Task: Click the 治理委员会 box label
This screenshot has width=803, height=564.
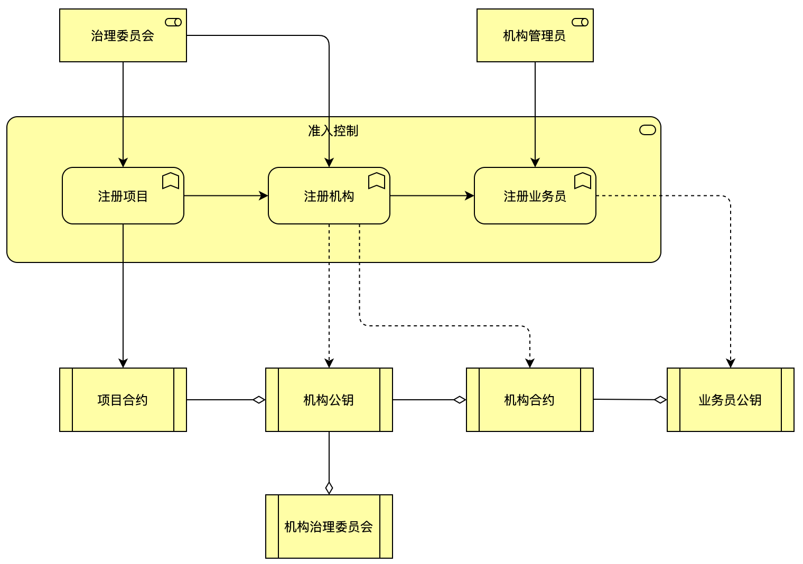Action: tap(123, 36)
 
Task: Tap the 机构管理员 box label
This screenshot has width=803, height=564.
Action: tap(534, 36)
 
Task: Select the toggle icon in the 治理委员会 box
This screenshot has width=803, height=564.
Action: tap(173, 22)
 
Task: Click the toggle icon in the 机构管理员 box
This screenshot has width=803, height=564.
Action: tap(580, 22)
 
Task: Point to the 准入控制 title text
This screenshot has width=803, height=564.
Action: tap(333, 131)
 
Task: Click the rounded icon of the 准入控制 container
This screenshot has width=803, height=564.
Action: tap(648, 130)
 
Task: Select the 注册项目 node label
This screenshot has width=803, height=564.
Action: tap(123, 196)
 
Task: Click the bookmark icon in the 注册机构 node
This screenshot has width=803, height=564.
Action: tap(377, 181)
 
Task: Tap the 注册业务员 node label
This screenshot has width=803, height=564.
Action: tap(535, 196)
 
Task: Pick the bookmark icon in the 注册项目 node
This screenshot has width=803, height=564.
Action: tap(171, 181)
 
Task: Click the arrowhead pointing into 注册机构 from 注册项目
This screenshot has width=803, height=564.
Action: tap(264, 195)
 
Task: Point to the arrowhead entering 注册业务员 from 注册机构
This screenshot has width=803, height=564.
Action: tap(470, 195)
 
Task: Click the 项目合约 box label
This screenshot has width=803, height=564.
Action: tap(123, 400)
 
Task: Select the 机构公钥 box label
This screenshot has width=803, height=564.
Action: tap(329, 400)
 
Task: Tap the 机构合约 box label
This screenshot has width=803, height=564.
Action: tap(529, 400)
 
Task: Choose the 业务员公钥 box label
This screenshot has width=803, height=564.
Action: tap(730, 400)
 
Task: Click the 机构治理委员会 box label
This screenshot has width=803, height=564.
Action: tap(329, 527)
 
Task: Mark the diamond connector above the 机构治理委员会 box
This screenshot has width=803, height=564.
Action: tap(329, 488)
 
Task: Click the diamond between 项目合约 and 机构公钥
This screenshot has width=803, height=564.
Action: tap(259, 400)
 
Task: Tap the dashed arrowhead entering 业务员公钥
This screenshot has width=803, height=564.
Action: tap(731, 363)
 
